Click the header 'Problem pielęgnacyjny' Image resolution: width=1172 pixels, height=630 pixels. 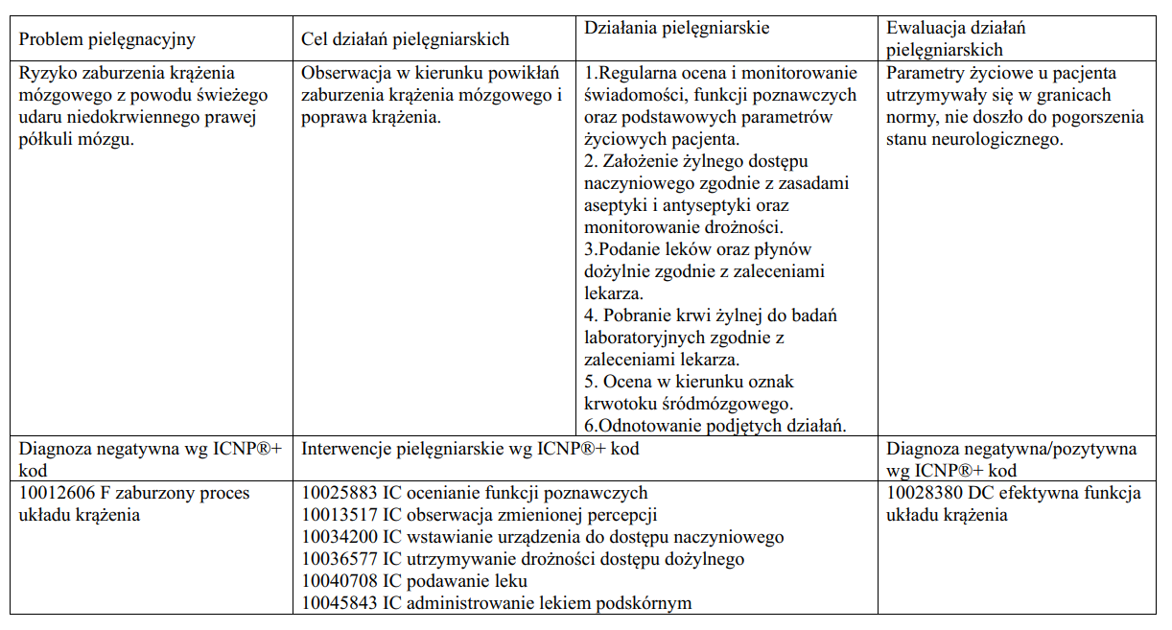(x=107, y=39)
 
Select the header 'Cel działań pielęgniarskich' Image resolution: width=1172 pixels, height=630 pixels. (x=405, y=39)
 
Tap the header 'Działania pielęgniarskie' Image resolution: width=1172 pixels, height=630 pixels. (x=676, y=28)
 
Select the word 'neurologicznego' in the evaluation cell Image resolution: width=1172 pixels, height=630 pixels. (x=998, y=139)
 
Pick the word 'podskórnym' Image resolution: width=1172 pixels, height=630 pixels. (x=648, y=603)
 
